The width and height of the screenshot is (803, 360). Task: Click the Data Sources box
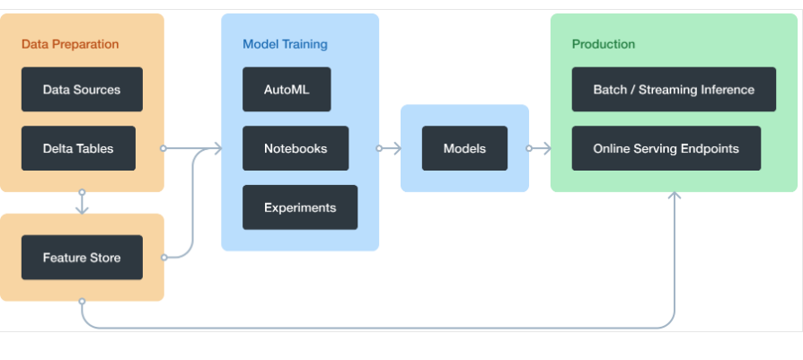tap(82, 90)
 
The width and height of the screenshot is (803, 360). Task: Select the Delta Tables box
tap(78, 148)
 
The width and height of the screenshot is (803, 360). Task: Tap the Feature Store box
tap(82, 258)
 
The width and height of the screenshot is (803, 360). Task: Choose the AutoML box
tap(287, 90)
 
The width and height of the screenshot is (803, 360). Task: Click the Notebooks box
tap(296, 148)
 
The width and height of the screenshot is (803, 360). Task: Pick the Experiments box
tap(300, 207)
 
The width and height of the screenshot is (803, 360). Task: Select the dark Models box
tap(464, 148)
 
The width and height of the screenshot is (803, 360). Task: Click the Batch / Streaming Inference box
tap(674, 90)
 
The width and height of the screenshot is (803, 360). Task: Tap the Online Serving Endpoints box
tap(666, 148)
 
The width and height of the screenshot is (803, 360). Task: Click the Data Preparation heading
tap(70, 44)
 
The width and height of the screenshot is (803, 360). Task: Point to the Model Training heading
tap(285, 44)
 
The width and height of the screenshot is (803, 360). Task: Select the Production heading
tap(604, 44)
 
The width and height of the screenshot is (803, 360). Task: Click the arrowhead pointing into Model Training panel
tap(216, 148)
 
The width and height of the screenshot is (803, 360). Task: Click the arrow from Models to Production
tap(541, 148)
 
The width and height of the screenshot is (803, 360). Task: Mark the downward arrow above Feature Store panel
tap(82, 206)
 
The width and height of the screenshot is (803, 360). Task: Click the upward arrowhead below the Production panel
tap(675, 195)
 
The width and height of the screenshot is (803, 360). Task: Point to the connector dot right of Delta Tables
tap(163, 148)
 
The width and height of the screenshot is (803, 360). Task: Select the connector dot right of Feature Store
tap(163, 258)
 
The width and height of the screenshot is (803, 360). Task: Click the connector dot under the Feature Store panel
tap(82, 301)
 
